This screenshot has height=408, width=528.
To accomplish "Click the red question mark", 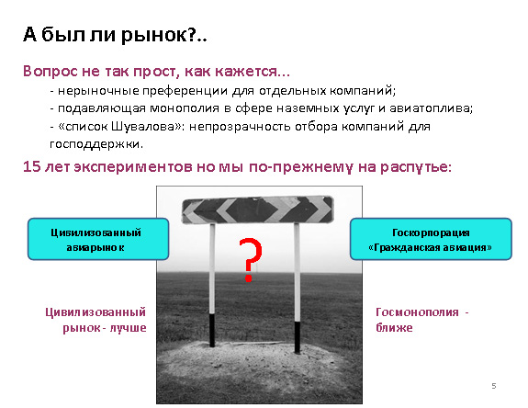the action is click(x=250, y=259).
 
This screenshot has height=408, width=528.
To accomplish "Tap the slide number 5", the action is click(x=494, y=386).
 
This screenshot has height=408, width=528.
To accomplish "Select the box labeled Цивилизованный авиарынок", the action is click(x=98, y=239).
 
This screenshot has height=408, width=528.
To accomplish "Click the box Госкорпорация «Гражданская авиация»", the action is click(x=431, y=239).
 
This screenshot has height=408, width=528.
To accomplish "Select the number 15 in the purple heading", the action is click(x=31, y=166).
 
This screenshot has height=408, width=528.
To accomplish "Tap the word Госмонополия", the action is click(x=417, y=312).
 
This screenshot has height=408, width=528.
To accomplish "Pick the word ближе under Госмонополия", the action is click(x=394, y=327).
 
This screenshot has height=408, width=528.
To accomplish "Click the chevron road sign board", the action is click(x=258, y=210).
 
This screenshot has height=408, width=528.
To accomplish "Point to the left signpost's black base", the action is click(x=212, y=330).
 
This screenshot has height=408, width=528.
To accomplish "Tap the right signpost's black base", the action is click(x=298, y=337).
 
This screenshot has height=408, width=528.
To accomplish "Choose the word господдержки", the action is click(x=96, y=144).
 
